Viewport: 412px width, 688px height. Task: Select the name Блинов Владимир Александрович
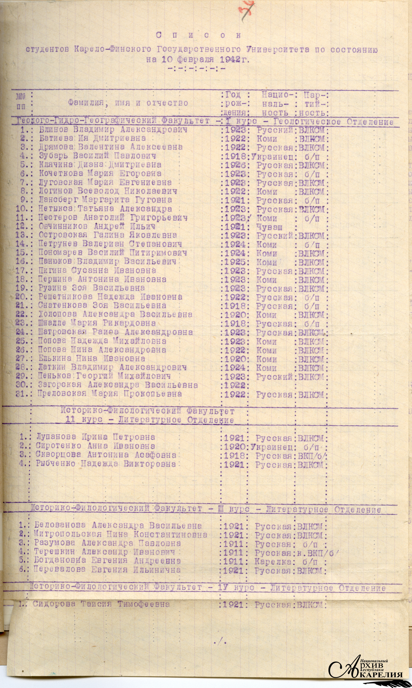point(113,130)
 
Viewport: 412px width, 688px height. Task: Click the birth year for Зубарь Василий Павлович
point(235,156)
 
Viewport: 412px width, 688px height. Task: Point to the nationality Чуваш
point(269,227)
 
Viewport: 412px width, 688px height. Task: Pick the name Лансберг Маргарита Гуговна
point(105,200)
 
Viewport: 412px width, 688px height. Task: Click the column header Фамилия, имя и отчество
point(128,103)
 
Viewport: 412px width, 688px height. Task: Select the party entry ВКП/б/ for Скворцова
point(312,455)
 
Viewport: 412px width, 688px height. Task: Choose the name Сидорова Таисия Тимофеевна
point(101,604)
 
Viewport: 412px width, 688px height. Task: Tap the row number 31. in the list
point(23,394)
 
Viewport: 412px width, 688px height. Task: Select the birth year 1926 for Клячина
point(235,165)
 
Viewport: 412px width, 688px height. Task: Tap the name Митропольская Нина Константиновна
point(120,535)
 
